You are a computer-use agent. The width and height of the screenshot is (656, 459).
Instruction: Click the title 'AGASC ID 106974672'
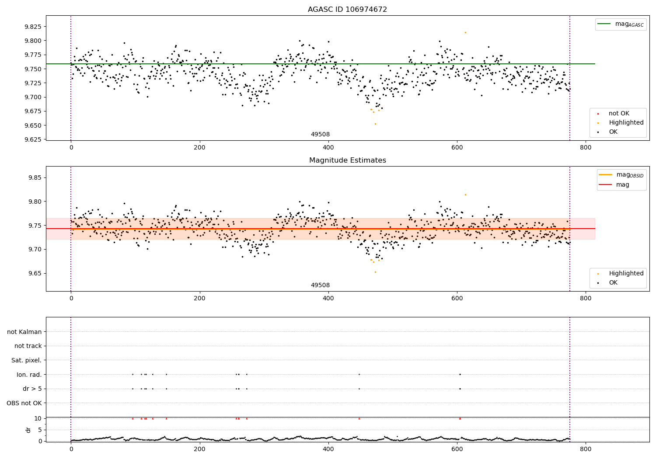(x=347, y=10)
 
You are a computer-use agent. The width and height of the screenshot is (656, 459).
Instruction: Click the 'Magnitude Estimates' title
(x=347, y=160)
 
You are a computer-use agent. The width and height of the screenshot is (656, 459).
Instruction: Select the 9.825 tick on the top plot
(x=33, y=27)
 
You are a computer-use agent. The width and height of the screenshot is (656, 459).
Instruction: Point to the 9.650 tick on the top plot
(x=33, y=125)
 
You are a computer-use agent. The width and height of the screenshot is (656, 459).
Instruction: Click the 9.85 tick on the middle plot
(x=35, y=177)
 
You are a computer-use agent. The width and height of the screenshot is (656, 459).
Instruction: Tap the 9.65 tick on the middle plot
(x=35, y=273)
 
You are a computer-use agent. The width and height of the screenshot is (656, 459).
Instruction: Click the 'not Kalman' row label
(x=24, y=332)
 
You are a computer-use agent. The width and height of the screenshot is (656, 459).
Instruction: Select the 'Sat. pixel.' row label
(x=26, y=360)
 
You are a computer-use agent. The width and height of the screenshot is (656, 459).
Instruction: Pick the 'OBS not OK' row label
(x=24, y=403)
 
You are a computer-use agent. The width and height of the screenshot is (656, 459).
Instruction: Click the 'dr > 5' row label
(x=32, y=389)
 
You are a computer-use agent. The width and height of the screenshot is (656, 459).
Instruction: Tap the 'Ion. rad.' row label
(x=29, y=375)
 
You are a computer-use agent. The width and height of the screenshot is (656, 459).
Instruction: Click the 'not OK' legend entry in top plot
(x=619, y=114)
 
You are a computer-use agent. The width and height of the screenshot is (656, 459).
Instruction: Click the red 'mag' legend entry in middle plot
(x=622, y=184)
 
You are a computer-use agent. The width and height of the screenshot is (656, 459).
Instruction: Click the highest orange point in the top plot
(x=465, y=32)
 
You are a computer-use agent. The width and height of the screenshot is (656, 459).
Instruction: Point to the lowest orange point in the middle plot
(x=375, y=272)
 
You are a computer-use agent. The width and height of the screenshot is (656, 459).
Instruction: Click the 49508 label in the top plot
(x=320, y=135)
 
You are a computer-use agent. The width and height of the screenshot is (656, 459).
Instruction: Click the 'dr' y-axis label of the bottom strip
(x=28, y=430)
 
